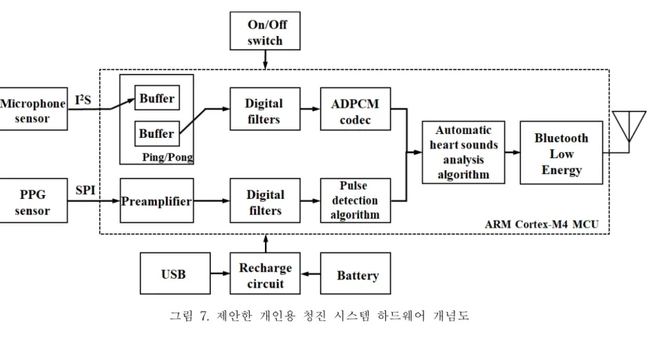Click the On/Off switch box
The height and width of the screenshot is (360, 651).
(x=265, y=31)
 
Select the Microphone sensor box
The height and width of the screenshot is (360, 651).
(x=33, y=109)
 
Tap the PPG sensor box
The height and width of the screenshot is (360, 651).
(x=33, y=201)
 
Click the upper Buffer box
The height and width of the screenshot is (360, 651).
(x=157, y=98)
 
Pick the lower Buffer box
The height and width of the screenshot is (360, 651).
(x=157, y=133)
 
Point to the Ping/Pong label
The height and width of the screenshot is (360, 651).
(x=168, y=157)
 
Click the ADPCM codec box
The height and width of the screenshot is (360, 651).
(x=355, y=109)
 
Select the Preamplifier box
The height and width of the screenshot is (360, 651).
(x=157, y=201)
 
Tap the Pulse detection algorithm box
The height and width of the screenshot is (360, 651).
(x=355, y=201)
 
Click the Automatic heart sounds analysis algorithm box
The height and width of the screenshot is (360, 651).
(x=464, y=153)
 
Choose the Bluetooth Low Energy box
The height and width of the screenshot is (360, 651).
(x=561, y=153)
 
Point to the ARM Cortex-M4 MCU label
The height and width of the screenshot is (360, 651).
(x=542, y=224)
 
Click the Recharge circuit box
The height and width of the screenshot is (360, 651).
(x=265, y=273)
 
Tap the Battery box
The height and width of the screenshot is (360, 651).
(x=355, y=273)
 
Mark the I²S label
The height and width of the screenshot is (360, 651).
(x=83, y=99)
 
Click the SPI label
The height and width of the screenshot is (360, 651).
(x=86, y=190)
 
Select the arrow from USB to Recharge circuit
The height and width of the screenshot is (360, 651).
(x=220, y=273)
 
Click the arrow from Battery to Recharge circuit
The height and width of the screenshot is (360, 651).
(x=311, y=274)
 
